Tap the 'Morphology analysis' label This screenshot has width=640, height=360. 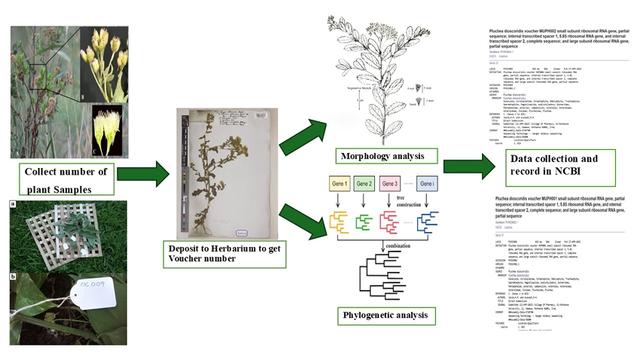[x=387, y=157]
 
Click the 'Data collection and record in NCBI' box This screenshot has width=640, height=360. [x=555, y=166]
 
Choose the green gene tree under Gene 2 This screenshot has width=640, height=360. [x=364, y=220]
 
